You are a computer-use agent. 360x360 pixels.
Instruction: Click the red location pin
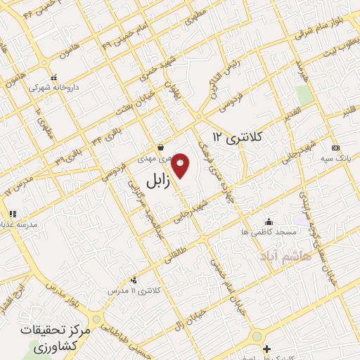pyautogui.click(x=181, y=165)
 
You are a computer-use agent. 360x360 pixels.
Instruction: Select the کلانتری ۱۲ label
pyautogui.click(x=237, y=136)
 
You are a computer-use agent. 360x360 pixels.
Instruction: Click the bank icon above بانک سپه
pyautogui.click(x=335, y=148)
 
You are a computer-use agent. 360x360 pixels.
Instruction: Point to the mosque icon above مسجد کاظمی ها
pyautogui.click(x=268, y=222)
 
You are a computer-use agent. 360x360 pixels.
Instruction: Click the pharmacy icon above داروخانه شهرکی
pyautogui.click(x=53, y=78)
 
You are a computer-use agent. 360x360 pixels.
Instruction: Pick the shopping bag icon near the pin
pyautogui.click(x=162, y=148)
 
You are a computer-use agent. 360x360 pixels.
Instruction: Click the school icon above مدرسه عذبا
pyautogui.click(x=12, y=214)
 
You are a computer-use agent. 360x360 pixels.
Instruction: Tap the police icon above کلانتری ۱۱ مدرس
pyautogui.click(x=134, y=280)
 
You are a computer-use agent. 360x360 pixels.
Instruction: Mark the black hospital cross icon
pyautogui.click(x=266, y=349)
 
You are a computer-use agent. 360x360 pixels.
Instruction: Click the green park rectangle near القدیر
pyautogui.click(x=303, y=94)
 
